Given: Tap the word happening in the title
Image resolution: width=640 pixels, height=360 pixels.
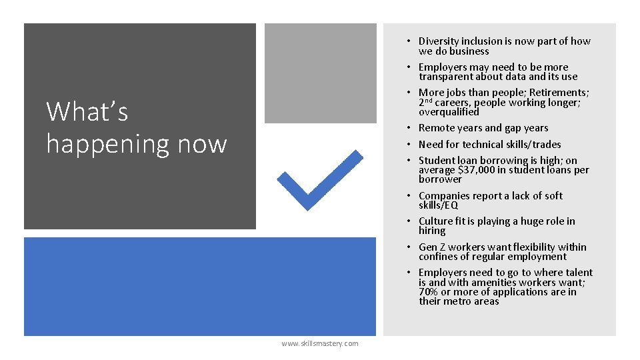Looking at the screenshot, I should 137,143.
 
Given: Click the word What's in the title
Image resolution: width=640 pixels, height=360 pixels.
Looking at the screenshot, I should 87,111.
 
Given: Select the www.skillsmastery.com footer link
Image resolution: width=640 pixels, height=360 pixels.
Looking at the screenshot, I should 319,343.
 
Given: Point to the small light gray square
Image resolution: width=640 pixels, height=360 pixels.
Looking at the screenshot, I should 320,73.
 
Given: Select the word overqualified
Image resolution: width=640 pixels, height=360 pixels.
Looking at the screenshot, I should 449,112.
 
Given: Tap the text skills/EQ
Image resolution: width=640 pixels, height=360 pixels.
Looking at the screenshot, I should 439,205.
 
